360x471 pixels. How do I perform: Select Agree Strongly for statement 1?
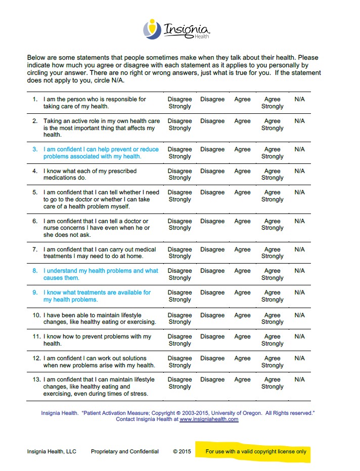pyautogui.click(x=272, y=103)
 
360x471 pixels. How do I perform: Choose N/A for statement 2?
pyautogui.click(x=299, y=121)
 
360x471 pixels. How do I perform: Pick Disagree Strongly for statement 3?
pyautogui.click(x=179, y=153)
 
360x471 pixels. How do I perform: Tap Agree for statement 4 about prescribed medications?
pyautogui.click(x=242, y=171)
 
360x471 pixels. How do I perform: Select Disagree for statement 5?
pyautogui.click(x=212, y=192)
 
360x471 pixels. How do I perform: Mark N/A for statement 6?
pyautogui.click(x=299, y=221)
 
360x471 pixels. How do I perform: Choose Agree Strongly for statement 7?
pyautogui.click(x=272, y=253)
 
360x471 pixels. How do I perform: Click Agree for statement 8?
pyautogui.click(x=242, y=271)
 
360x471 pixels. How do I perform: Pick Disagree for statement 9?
pyautogui.click(x=212, y=292)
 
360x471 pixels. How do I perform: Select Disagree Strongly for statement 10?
pyautogui.click(x=179, y=318)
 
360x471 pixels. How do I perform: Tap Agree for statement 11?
pyautogui.click(x=242, y=336)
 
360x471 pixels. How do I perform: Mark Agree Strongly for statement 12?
pyautogui.click(x=272, y=362)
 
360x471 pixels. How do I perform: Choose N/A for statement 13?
pyautogui.click(x=299, y=379)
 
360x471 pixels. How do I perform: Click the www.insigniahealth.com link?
pyautogui.click(x=209, y=419)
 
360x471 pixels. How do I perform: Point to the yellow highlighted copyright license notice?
pyautogui.click(x=256, y=452)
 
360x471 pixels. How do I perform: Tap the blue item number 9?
pyautogui.click(x=35, y=292)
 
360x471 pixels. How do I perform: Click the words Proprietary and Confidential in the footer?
pyautogui.click(x=124, y=452)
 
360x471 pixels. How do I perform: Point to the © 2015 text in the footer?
pyautogui.click(x=182, y=452)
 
